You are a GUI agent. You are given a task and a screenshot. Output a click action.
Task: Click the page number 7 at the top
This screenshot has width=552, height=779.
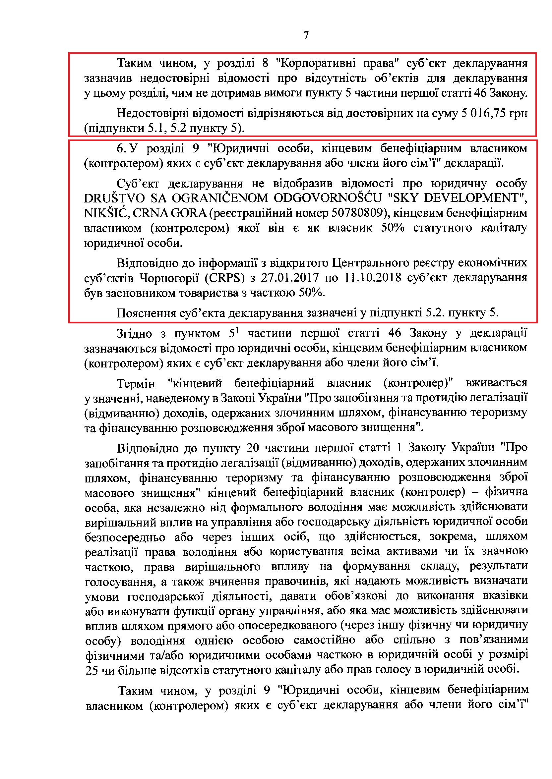(x=306, y=35)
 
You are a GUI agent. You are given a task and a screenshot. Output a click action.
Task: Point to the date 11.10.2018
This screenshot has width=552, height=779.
(x=373, y=278)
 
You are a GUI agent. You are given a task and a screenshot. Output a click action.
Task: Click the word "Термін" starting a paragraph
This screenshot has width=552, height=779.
(x=136, y=383)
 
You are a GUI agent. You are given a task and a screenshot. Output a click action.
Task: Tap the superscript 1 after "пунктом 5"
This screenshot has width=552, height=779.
(x=238, y=330)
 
